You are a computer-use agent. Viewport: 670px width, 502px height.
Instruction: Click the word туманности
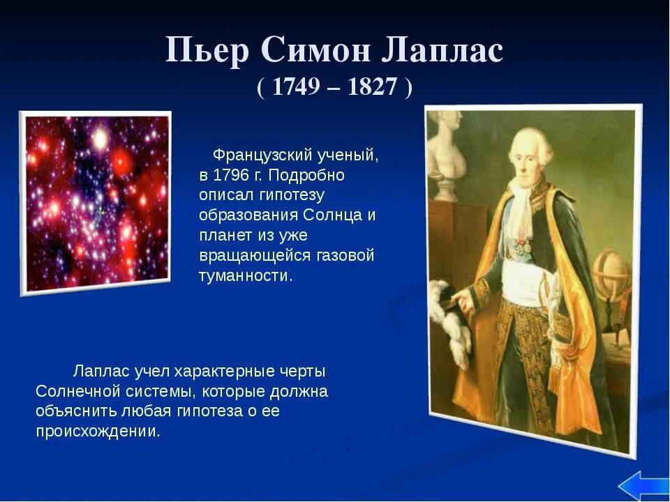[x=245, y=275]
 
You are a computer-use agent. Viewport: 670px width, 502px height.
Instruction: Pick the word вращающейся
[x=252, y=255]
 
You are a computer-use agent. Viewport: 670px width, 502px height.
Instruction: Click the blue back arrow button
[x=643, y=485]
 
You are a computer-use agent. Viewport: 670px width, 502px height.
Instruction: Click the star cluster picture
[x=96, y=202]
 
